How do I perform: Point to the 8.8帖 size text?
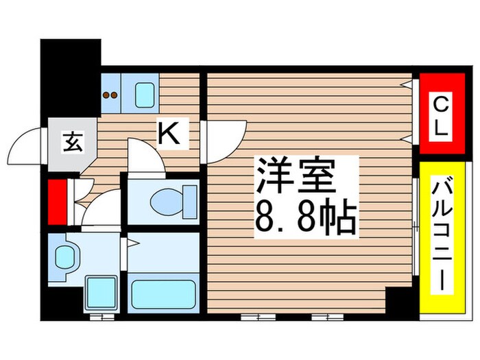point(307,217)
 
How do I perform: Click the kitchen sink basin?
point(145,95)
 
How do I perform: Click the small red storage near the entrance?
point(57,202)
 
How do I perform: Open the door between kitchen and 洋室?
point(225,141)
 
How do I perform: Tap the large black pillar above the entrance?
point(70,78)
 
